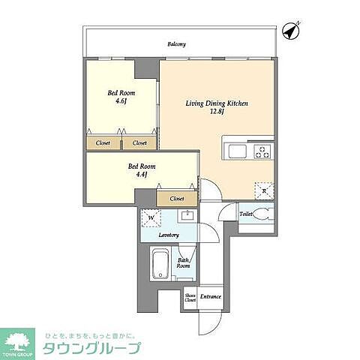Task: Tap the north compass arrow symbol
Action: pos(292,31)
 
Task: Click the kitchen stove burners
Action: pos(263,151)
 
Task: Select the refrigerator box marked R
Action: pos(263,190)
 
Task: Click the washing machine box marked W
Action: pos(152,218)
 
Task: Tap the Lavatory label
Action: pos(169,235)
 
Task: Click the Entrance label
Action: pos(211,297)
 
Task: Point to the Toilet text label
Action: pos(245,214)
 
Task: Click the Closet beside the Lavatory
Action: pos(177,198)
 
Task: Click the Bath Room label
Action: pos(183,262)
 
